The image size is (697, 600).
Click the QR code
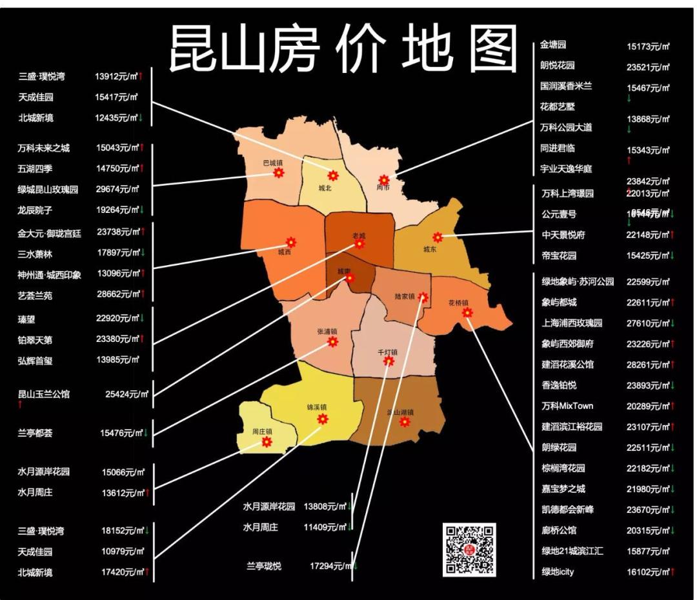click(469, 549)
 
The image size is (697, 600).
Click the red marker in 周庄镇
click(267, 442)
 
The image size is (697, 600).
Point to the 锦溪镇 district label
click(317, 407)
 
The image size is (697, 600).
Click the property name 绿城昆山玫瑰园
click(48, 190)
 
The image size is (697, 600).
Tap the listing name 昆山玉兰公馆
click(44, 394)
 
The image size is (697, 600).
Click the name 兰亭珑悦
click(264, 566)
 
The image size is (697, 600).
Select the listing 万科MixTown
click(567, 406)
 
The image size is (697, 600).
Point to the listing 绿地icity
click(558, 572)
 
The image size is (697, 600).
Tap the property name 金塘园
click(553, 45)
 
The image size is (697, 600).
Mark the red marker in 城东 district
click(438, 237)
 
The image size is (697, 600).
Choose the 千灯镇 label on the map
click(387, 352)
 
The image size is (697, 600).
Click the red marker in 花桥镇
click(467, 312)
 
